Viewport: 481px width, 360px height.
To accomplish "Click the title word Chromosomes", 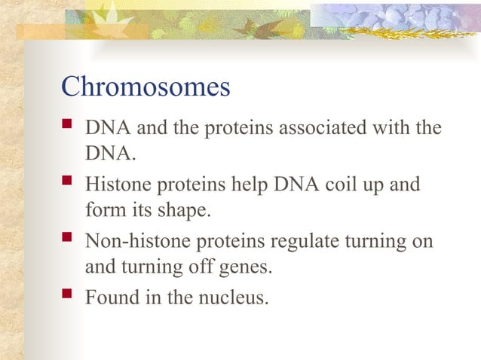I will (145, 87).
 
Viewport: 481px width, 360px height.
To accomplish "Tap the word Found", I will (110, 297).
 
